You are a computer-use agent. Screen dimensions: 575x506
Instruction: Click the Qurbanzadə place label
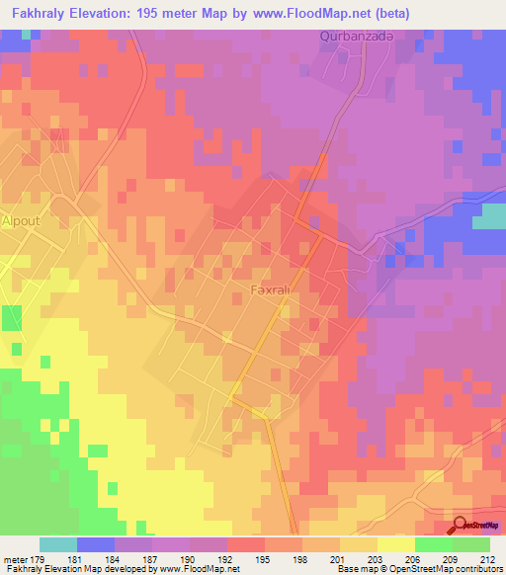point(358,37)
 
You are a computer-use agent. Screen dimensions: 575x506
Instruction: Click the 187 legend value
point(152,560)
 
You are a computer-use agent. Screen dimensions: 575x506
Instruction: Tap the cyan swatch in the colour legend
point(58,544)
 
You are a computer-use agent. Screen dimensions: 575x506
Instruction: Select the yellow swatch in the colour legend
point(395,544)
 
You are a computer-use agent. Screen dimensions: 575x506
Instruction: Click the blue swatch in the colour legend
point(96,544)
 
